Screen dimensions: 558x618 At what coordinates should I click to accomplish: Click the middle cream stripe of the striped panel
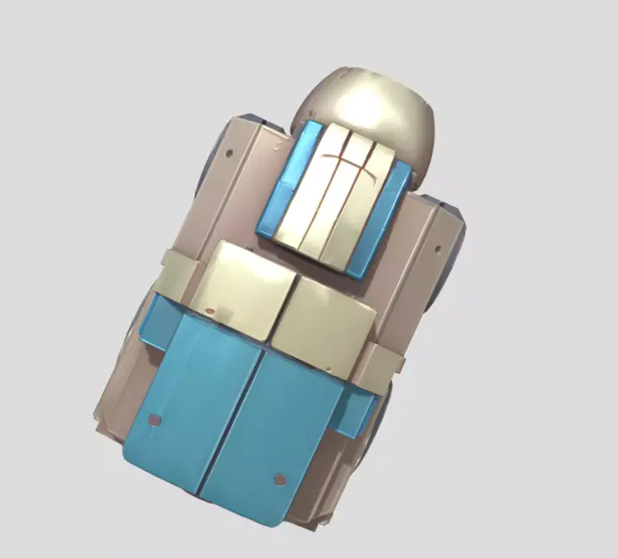coord(337,194)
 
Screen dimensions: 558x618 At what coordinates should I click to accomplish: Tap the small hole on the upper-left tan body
coord(229,154)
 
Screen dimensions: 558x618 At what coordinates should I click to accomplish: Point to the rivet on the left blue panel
coord(155,421)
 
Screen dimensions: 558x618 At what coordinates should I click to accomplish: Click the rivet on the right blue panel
coord(280,479)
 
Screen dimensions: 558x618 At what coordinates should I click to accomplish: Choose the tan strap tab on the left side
coord(177,276)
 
